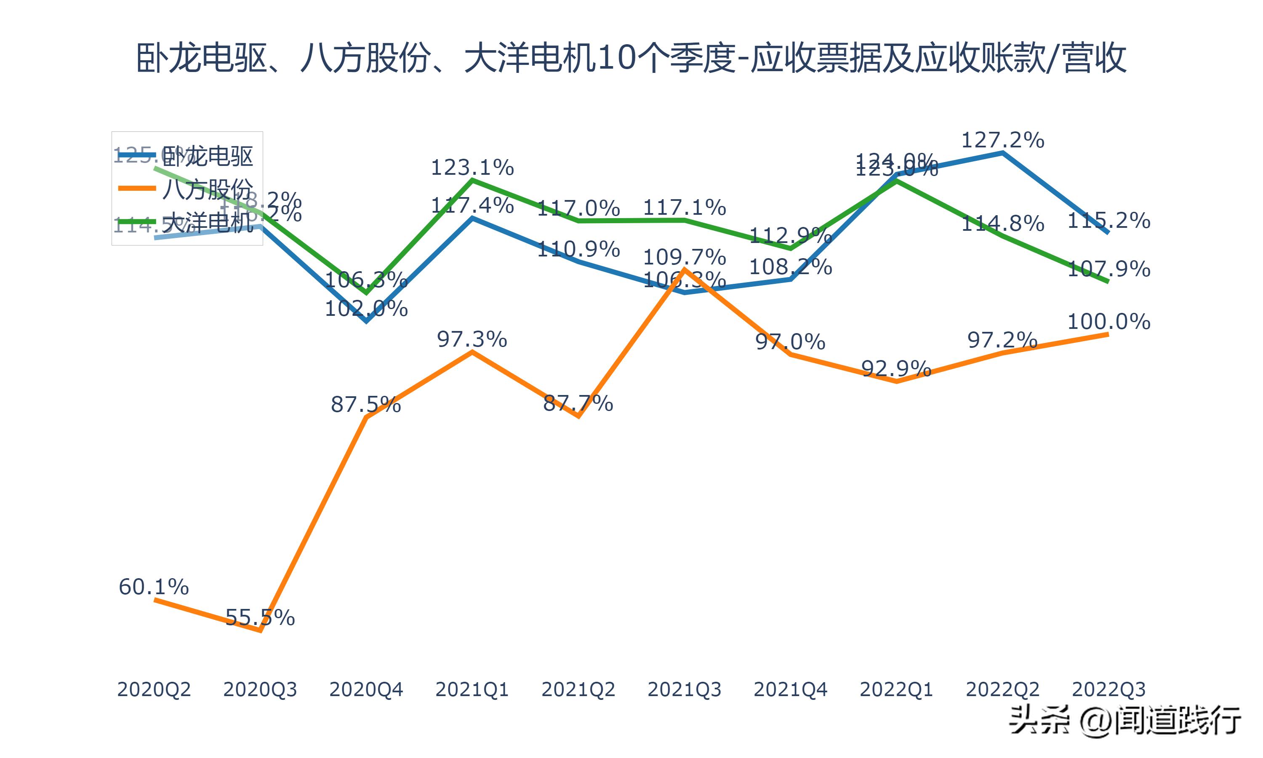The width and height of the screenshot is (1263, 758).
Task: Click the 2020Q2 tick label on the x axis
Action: click(x=154, y=689)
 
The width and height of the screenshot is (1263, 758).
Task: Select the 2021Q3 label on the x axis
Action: click(x=684, y=689)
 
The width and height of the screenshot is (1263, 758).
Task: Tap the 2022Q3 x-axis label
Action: click(x=1108, y=689)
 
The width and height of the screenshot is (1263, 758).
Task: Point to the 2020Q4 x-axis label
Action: click(x=366, y=689)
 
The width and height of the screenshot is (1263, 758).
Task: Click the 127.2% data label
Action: click(x=1003, y=140)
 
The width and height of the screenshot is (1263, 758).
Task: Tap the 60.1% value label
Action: click(x=154, y=587)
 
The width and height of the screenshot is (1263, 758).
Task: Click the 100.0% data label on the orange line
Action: click(x=1109, y=322)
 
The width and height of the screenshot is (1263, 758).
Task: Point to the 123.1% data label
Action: click(x=472, y=168)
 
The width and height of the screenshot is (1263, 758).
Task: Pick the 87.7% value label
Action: click(x=578, y=403)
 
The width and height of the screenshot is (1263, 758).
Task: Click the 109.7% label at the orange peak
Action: click(x=684, y=257)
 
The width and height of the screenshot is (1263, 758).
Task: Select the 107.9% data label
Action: click(x=1109, y=269)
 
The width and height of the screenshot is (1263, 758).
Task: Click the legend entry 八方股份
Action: click(x=207, y=189)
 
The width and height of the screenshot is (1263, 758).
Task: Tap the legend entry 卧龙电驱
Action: click(x=207, y=155)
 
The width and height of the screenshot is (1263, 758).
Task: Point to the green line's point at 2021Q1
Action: click(x=473, y=180)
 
